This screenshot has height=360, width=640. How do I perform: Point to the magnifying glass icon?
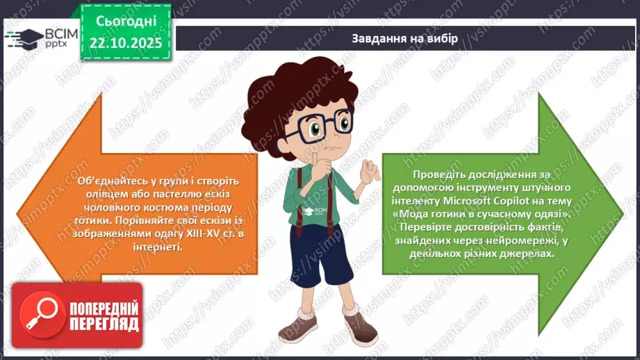click(x=39, y=314)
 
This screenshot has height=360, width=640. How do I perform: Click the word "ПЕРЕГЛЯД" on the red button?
click(x=104, y=323)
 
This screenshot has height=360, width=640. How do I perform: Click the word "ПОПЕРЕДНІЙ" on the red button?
click(x=104, y=308)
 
